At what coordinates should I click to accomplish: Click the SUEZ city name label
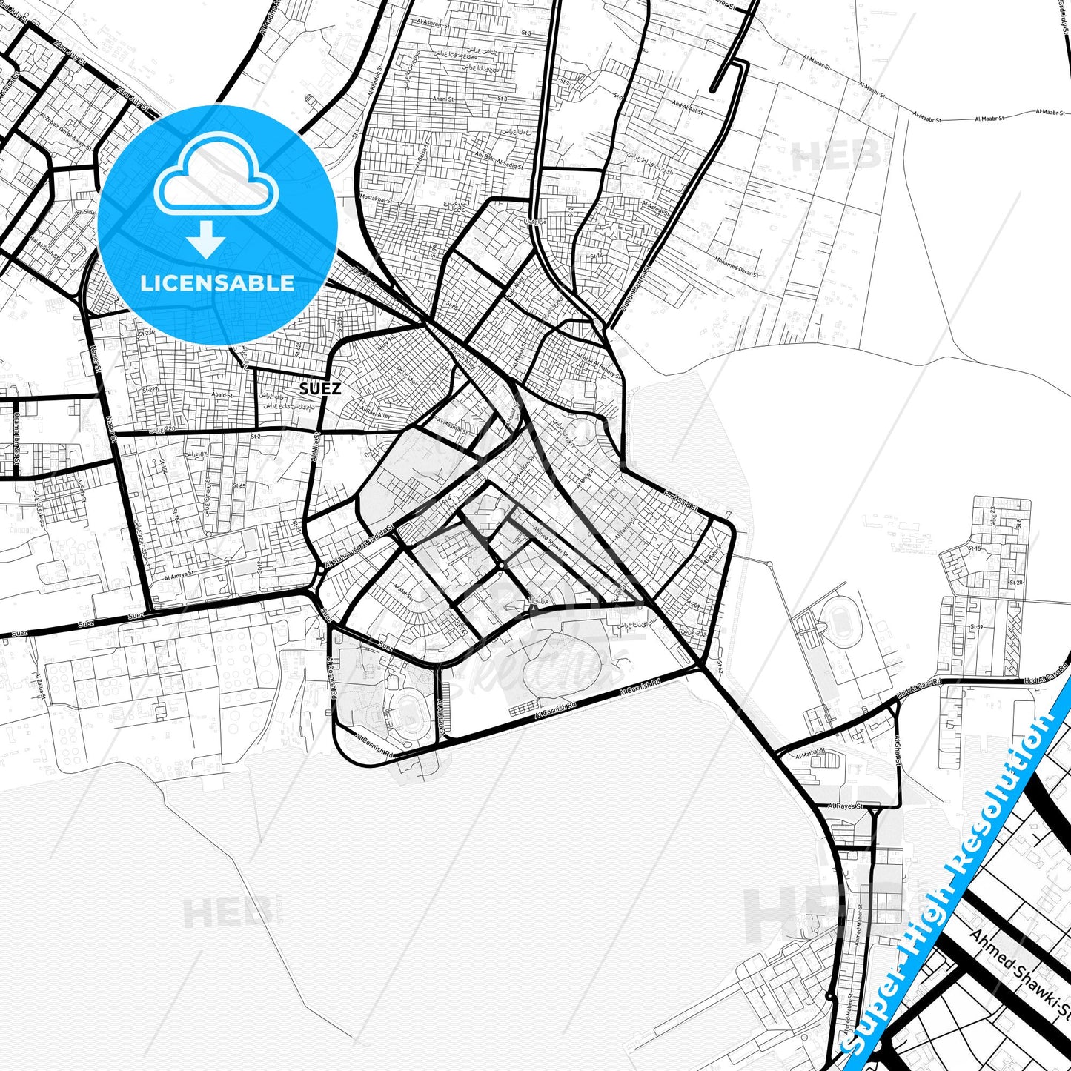pos(320,388)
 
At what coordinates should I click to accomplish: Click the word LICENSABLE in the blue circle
pos(217,283)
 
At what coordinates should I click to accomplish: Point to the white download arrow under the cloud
pos(206,239)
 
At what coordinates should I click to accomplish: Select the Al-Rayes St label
pos(846,806)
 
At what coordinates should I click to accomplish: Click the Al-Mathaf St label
pos(809,756)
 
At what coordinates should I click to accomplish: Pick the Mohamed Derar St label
pos(737,267)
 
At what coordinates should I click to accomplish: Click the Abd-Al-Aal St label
pos(686,107)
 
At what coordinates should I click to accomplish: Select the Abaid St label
pos(221,396)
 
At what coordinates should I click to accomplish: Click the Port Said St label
pos(681,502)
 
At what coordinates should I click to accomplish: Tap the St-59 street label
pos(977,628)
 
